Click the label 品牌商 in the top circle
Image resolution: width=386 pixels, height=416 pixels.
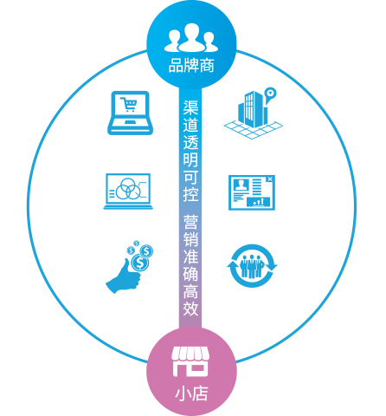[191, 66]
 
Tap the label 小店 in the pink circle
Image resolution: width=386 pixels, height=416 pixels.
[191, 393]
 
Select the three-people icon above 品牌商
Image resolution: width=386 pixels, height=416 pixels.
[191, 37]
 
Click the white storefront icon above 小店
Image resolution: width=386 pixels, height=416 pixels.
[191, 361]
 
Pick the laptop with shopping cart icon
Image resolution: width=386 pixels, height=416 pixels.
[130, 113]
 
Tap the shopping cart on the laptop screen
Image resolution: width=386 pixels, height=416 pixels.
[129, 104]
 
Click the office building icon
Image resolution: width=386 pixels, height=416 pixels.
[254, 114]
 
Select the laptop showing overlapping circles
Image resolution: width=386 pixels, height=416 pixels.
[128, 192]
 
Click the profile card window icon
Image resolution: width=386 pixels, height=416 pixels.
[252, 192]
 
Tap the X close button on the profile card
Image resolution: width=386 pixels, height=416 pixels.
[270, 179]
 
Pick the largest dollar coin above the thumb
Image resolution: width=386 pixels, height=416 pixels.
[140, 263]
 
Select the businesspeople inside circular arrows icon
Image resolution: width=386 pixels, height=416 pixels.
[252, 266]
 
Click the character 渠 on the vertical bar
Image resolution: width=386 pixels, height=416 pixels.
[190, 107]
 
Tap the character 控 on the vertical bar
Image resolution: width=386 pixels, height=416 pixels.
[190, 193]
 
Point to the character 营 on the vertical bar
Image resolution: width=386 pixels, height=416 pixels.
[190, 222]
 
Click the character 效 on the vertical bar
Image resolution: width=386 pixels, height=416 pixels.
[190, 308]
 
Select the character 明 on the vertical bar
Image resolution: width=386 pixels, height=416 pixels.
[190, 159]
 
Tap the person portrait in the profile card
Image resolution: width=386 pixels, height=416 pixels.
[241, 185]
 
